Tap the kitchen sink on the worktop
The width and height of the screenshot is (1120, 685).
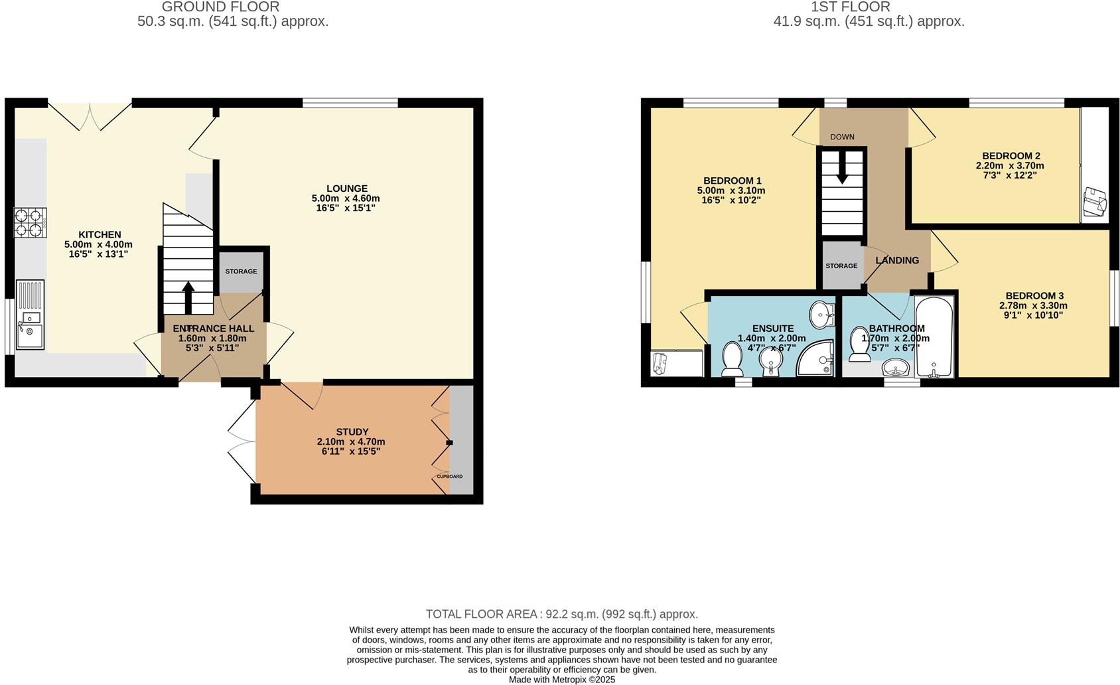pyautogui.click(x=30, y=315)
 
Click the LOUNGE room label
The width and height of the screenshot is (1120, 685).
pyautogui.click(x=346, y=189)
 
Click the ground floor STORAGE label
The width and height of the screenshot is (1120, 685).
pyautogui.click(x=241, y=271)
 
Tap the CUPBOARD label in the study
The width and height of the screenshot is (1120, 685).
pyautogui.click(x=449, y=477)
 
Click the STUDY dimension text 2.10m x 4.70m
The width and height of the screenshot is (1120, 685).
pyautogui.click(x=351, y=441)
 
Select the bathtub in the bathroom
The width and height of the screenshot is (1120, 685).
pyautogui.click(x=934, y=337)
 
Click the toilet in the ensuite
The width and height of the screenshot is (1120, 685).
pyautogui.click(x=733, y=358)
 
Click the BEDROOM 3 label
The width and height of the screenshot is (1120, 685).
pyautogui.click(x=1034, y=296)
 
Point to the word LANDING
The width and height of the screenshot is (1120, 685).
pyautogui.click(x=897, y=260)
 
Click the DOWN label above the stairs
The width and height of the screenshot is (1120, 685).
pyautogui.click(x=842, y=137)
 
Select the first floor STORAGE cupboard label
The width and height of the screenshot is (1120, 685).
pyautogui.click(x=841, y=266)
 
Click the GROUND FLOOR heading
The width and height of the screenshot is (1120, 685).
pyautogui.click(x=220, y=7)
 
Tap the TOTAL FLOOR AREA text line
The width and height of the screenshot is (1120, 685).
pyautogui.click(x=561, y=614)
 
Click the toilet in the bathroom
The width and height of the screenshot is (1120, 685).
pyautogui.click(x=860, y=344)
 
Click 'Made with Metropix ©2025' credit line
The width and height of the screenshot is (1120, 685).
pyautogui.click(x=561, y=680)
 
